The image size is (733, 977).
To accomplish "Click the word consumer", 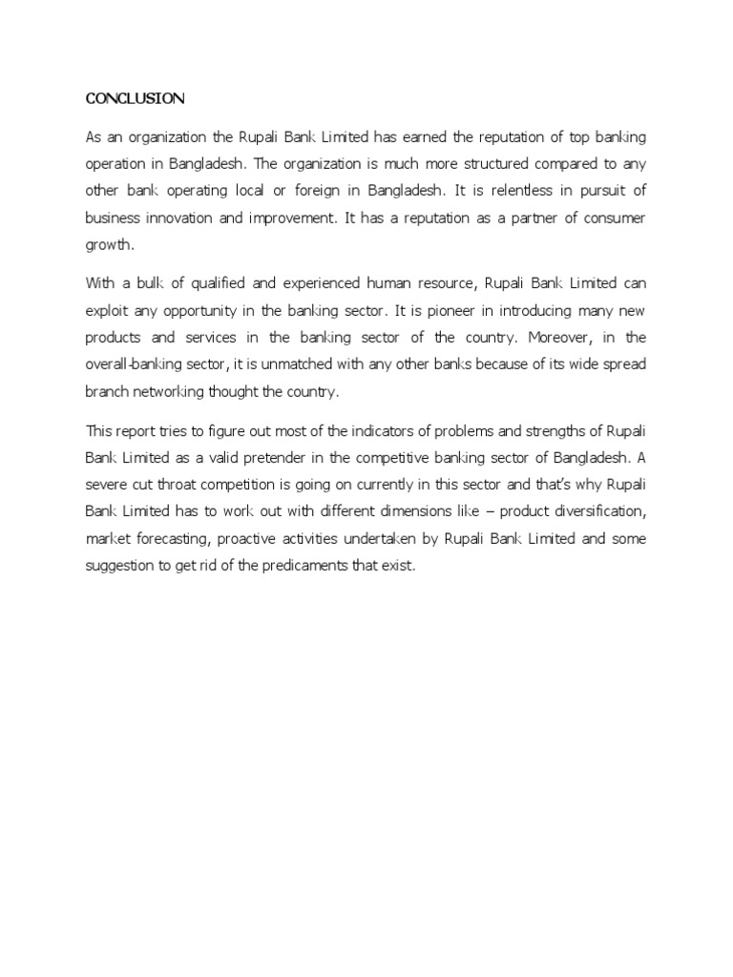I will (616, 218).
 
